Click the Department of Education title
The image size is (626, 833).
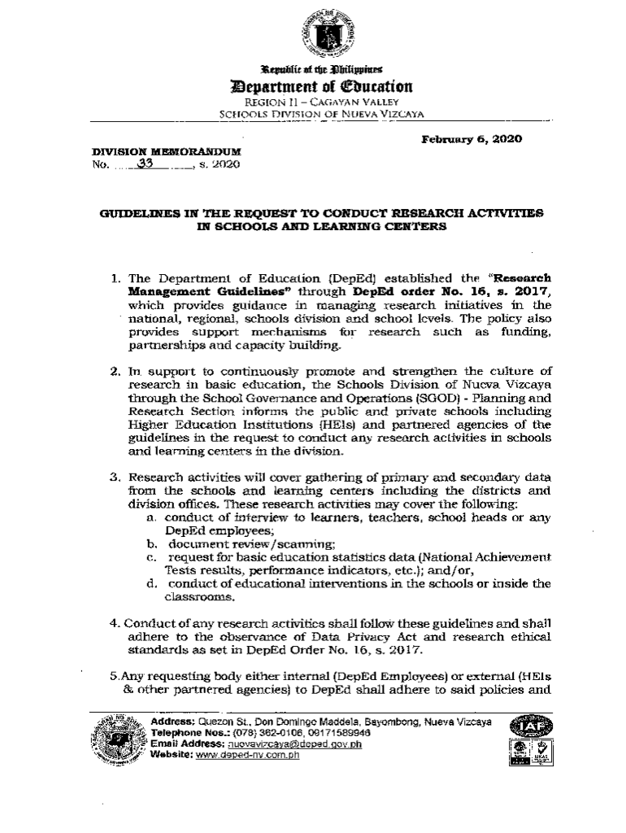[x=323, y=86]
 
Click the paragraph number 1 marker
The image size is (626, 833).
[x=115, y=280]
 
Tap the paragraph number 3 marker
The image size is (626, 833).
[x=115, y=477]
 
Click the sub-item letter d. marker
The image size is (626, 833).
[x=151, y=583]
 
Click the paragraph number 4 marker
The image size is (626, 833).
[x=115, y=623]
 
